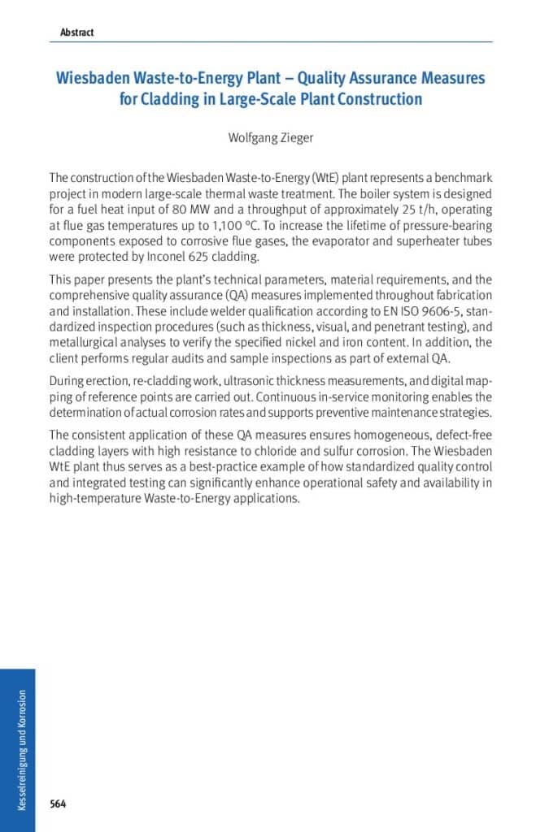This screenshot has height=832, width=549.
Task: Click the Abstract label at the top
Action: pyautogui.click(x=76, y=32)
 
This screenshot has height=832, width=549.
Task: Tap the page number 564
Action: pyautogui.click(x=58, y=804)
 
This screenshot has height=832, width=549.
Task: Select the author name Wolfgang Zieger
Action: pyautogui.click(x=271, y=137)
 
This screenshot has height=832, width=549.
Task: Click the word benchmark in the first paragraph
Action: pyautogui.click(x=460, y=177)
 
